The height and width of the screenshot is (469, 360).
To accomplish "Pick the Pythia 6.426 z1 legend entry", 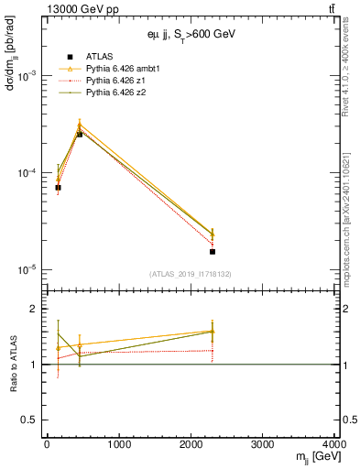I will (x=111, y=81).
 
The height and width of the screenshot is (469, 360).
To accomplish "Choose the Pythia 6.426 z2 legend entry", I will (x=111, y=93).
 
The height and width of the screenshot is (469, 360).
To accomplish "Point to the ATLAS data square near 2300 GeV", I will (x=213, y=251).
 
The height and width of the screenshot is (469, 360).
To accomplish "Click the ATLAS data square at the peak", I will (x=80, y=135).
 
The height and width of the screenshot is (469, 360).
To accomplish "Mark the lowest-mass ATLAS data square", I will (x=58, y=188).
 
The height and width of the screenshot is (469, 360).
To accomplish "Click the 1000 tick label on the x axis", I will (x=119, y=446).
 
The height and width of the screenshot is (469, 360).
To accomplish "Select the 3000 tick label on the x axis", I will (x=265, y=446).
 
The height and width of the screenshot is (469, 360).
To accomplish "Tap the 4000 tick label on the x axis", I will (x=335, y=446).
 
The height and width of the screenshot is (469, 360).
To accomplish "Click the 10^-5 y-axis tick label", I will (x=28, y=270).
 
